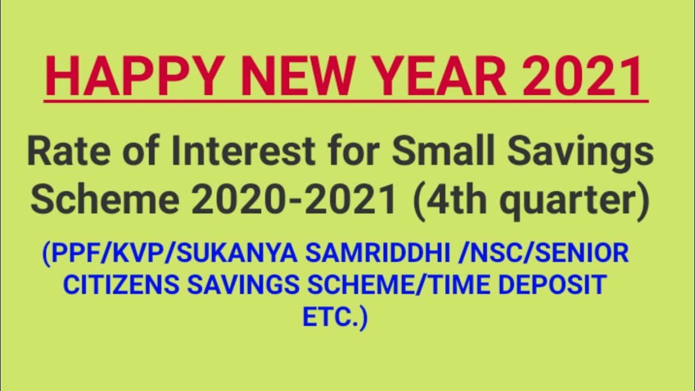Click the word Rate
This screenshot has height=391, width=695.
coord(64,152)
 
